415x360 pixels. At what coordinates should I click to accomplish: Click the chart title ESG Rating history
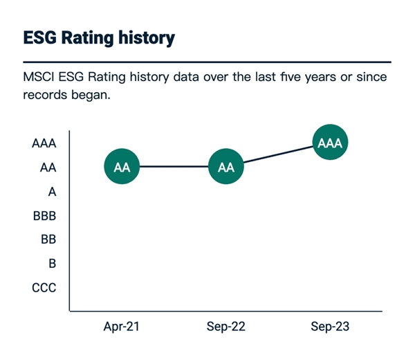[99, 37]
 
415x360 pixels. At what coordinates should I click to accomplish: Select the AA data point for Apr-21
[122, 168]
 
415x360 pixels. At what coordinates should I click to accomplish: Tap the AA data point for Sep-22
[226, 168]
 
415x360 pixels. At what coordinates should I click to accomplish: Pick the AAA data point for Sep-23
[330, 143]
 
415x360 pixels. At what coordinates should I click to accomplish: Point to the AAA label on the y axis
[44, 144]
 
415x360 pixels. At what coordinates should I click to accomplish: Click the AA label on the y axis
[48, 168]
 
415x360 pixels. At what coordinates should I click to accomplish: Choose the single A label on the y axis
[52, 192]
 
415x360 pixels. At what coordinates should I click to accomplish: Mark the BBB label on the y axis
[44, 216]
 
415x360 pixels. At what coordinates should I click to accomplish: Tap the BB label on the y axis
[48, 240]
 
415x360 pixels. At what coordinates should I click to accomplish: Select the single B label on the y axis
[52, 264]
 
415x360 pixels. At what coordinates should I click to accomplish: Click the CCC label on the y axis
[44, 288]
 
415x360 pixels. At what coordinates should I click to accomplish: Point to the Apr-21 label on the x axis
[122, 326]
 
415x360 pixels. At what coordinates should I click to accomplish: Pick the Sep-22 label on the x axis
[226, 326]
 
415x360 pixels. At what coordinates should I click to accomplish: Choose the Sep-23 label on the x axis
[330, 326]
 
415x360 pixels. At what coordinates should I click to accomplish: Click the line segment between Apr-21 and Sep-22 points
[174, 168]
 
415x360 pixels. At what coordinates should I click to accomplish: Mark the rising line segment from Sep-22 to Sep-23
[278, 156]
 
